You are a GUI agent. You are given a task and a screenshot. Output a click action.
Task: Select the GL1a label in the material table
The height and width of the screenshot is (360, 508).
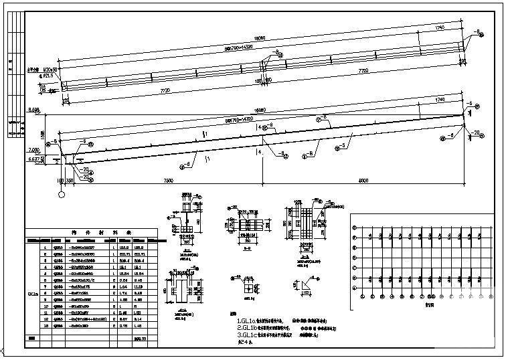click(x=32, y=293)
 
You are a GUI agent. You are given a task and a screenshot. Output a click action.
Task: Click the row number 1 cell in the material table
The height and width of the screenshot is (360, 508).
click(x=45, y=248)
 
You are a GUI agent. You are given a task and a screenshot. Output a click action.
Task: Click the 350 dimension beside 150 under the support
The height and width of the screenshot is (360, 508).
click(x=70, y=181)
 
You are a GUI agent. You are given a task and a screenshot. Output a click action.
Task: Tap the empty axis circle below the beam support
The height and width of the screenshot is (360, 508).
click(x=62, y=195)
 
